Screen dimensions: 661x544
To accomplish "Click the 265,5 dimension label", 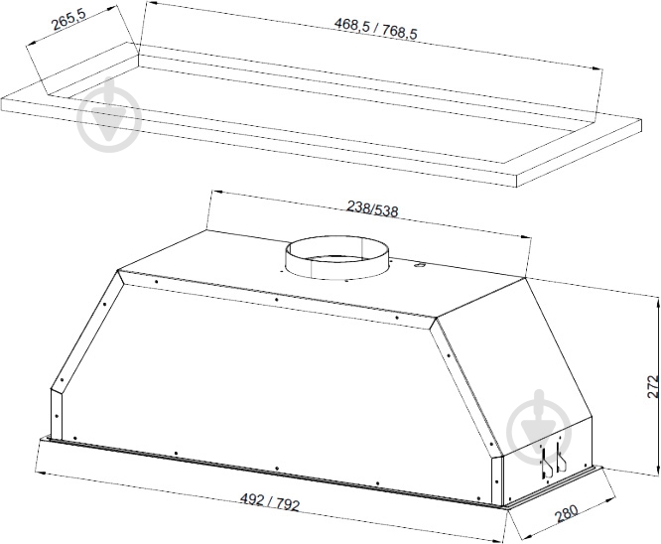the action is [68, 20].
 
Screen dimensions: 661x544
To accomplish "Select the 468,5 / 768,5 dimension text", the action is [375, 29].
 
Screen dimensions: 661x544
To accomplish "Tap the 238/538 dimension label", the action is [372, 207].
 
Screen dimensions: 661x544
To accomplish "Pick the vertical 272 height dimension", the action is [653, 386].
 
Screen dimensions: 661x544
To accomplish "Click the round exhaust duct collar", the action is [336, 257].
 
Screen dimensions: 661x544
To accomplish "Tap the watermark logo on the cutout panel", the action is [109, 114].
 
